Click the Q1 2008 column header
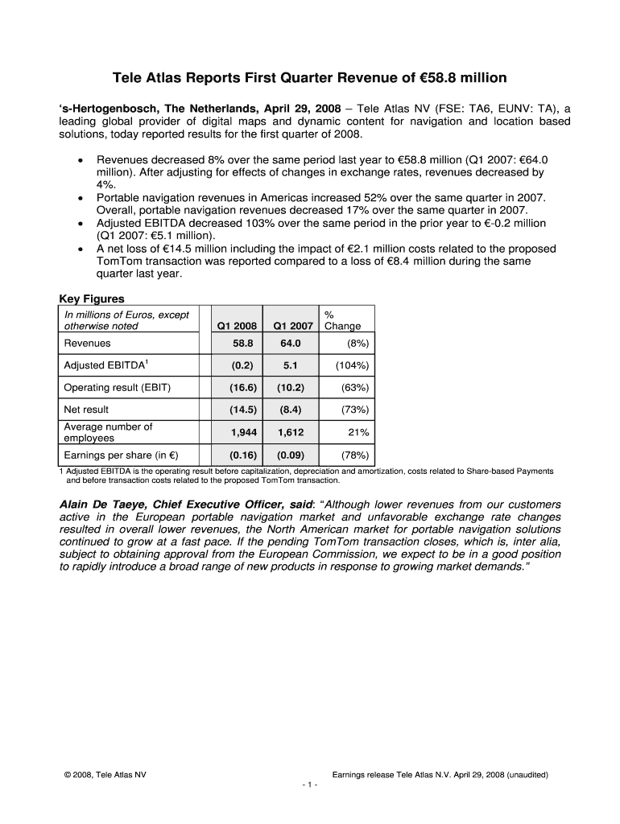coord(238,326)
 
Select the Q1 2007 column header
coord(292,326)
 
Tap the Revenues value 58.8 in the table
coord(243,344)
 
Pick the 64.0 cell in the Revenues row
coord(291,344)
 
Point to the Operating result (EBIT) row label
coord(117,387)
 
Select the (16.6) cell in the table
coord(242,387)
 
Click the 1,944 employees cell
coord(243,432)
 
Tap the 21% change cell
coord(358,432)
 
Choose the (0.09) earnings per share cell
coord(291,455)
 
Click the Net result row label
coord(86,410)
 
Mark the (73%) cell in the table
coord(355,410)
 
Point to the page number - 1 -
coord(310,785)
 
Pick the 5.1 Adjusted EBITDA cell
coord(291,365)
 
